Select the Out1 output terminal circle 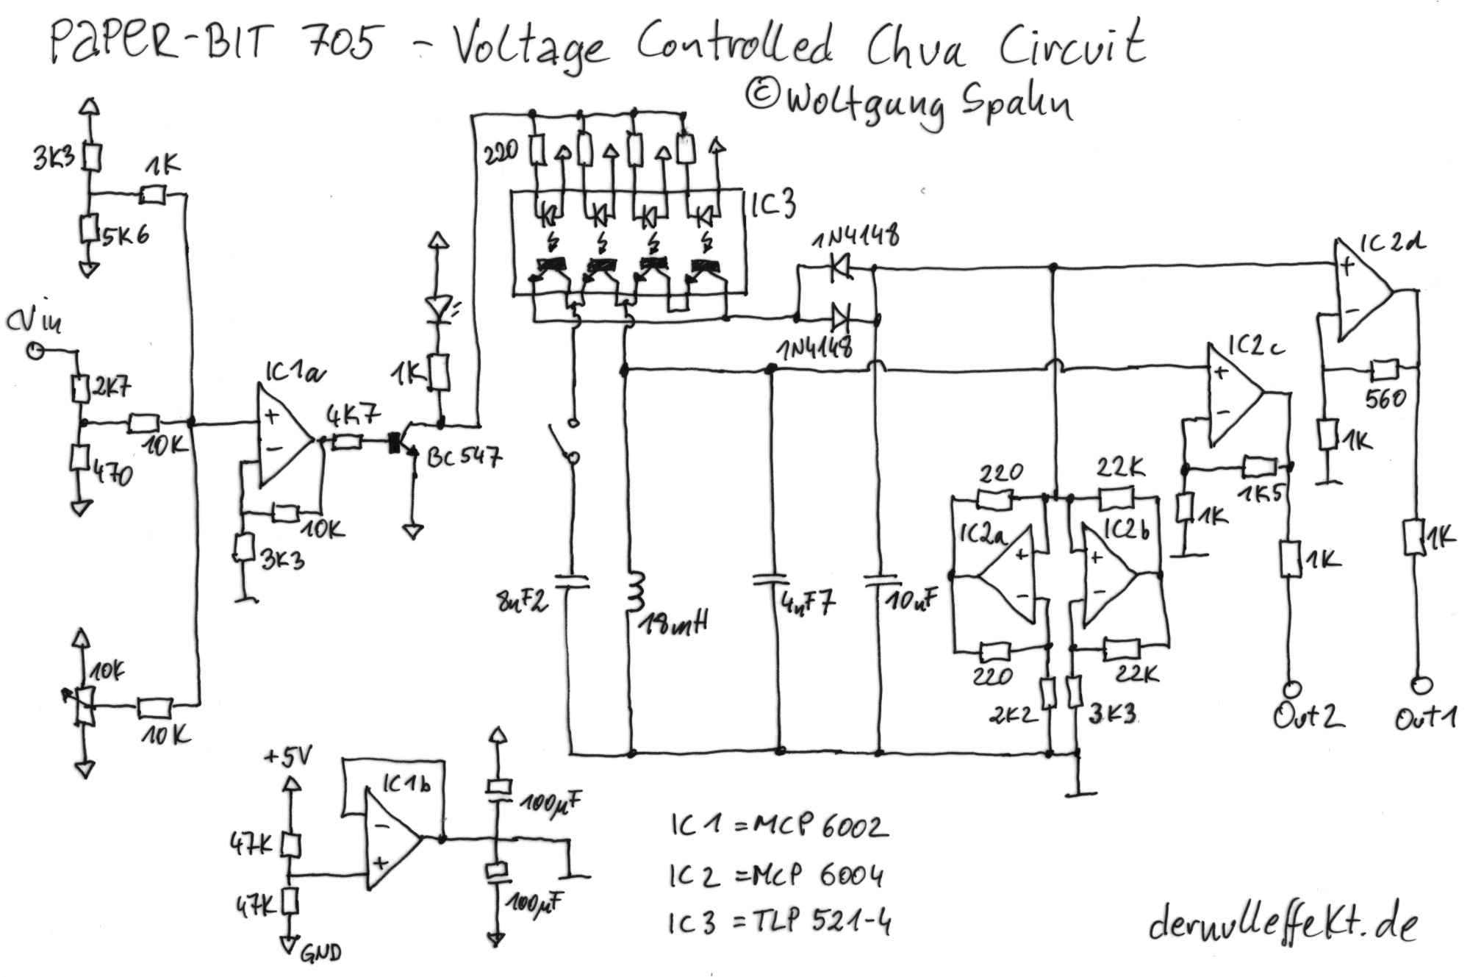click(1421, 684)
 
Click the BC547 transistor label click(465, 457)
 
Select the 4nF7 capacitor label click(807, 604)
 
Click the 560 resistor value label click(1385, 399)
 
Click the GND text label click(320, 953)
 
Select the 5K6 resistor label click(125, 235)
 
